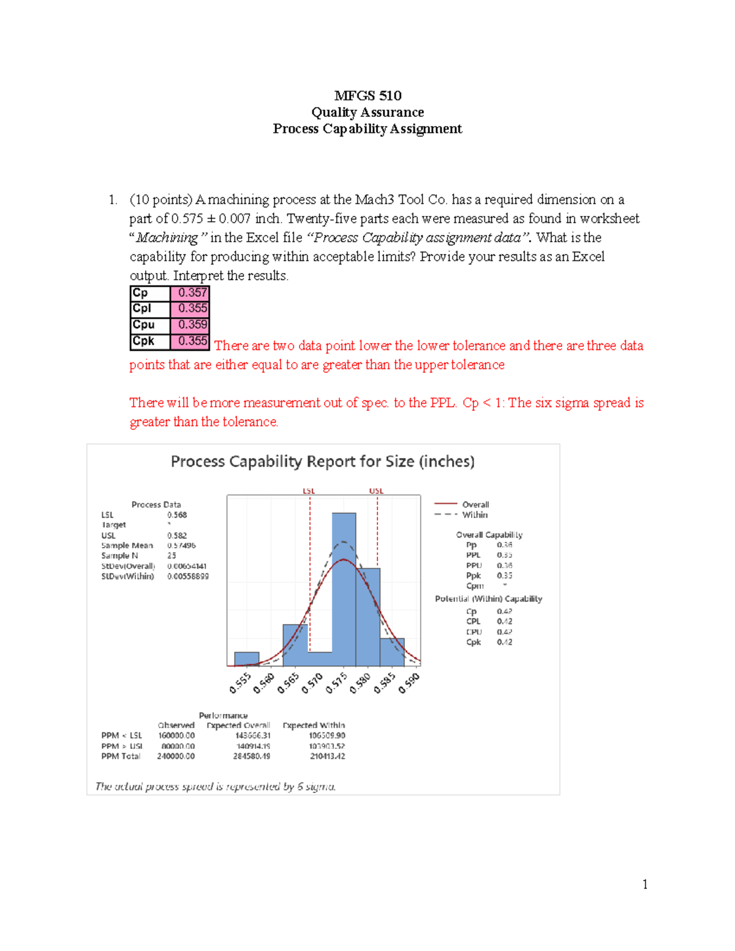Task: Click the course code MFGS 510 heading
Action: tap(367, 96)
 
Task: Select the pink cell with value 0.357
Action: tap(190, 293)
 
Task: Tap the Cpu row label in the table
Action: tap(145, 325)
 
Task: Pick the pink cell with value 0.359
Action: tap(190, 325)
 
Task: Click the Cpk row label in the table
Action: tap(145, 341)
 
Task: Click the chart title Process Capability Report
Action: tap(322, 462)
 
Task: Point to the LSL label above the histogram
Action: tap(309, 491)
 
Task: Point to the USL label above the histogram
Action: tap(376, 491)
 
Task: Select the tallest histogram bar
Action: tap(344, 588)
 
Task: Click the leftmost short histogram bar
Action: tap(247, 659)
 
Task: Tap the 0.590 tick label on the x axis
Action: tap(409, 683)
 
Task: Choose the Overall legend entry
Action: tap(475, 505)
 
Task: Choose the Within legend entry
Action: tap(475, 515)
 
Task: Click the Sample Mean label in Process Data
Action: tap(127, 546)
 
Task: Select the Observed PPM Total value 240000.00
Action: tap(176, 756)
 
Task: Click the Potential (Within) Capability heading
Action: tap(488, 599)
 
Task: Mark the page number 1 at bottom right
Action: tap(645, 884)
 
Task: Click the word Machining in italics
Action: tap(167, 238)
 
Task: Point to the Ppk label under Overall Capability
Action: tap(473, 576)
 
